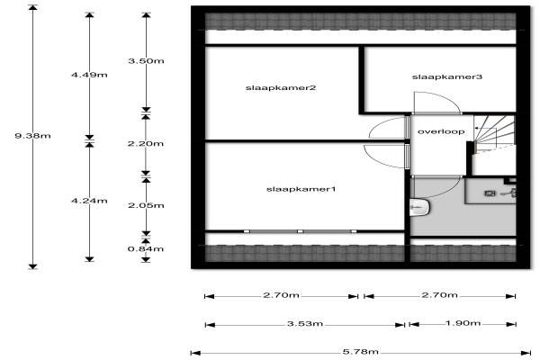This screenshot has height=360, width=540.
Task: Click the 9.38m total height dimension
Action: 32,136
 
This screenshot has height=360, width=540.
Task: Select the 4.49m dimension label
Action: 89,75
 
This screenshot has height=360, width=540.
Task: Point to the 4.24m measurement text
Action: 89,201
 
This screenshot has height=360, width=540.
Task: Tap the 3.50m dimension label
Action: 146,61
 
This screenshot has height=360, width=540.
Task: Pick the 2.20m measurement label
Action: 146,143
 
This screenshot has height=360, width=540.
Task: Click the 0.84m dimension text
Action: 146,248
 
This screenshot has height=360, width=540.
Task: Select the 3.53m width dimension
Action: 305,324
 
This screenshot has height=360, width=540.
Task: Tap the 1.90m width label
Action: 463,323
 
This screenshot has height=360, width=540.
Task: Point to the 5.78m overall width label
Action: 361,352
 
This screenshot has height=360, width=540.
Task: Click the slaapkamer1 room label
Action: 301,189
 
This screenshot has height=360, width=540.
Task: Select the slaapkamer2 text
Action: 281,88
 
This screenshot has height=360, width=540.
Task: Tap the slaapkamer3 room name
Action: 447,76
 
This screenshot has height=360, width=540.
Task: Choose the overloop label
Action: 441,131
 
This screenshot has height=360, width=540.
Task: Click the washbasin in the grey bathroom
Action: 419,207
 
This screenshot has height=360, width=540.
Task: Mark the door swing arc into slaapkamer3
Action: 436,103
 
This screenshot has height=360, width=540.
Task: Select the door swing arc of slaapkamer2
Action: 387,128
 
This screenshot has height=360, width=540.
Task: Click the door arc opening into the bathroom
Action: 436,187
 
